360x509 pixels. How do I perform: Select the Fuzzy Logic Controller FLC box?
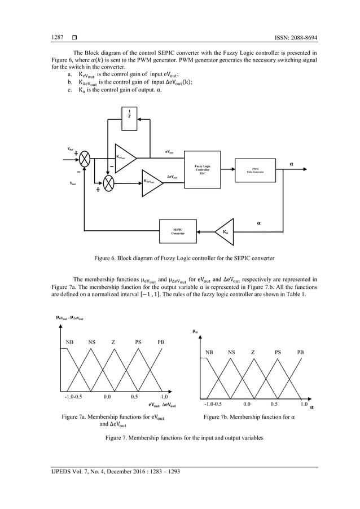[201, 169]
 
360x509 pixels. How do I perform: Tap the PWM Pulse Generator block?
[255, 169]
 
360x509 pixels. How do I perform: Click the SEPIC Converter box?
[177, 231]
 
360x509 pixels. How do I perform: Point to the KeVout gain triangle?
[125, 157]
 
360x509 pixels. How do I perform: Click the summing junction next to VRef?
[85, 159]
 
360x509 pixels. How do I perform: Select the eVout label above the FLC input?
[169, 152]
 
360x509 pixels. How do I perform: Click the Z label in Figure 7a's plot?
[113, 342]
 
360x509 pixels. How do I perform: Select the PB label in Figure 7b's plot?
[300, 352]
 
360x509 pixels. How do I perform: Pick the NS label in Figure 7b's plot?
[231, 352]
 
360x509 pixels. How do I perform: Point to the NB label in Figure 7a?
[70, 342]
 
